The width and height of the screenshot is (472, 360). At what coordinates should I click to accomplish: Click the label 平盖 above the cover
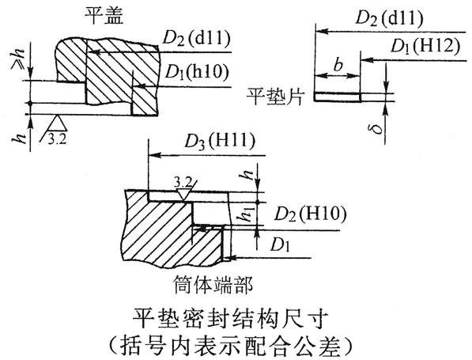pyautogui.click(x=104, y=15)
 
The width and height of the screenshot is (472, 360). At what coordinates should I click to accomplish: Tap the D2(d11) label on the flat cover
pyautogui.click(x=196, y=39)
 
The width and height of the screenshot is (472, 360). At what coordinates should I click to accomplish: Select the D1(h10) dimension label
pyautogui.click(x=197, y=72)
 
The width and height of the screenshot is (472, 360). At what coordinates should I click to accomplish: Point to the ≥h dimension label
pyautogui.click(x=17, y=59)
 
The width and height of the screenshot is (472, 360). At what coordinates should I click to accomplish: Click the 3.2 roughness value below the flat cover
pyautogui.click(x=57, y=139)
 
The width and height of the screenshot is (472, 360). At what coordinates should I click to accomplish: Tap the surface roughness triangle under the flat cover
pyautogui.click(x=57, y=123)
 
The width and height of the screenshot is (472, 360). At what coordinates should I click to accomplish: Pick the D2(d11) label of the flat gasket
pyautogui.click(x=390, y=18)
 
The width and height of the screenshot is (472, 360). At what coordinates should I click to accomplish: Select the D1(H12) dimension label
pyautogui.click(x=425, y=47)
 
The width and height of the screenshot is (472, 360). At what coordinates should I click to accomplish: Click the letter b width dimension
pyautogui.click(x=338, y=64)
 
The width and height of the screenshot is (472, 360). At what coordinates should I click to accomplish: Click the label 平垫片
pyautogui.click(x=275, y=97)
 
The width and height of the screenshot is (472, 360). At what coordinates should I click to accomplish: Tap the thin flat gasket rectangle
pyautogui.click(x=338, y=97)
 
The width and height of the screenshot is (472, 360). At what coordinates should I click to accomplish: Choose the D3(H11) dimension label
pyautogui.click(x=220, y=142)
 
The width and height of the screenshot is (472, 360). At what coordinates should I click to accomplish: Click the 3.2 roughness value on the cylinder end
pyautogui.click(x=183, y=182)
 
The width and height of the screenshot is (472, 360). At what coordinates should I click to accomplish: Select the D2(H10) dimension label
pyautogui.click(x=310, y=214)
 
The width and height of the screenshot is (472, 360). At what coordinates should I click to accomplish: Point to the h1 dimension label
pyautogui.click(x=248, y=214)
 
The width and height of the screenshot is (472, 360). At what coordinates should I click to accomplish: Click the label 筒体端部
pyautogui.click(x=213, y=284)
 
